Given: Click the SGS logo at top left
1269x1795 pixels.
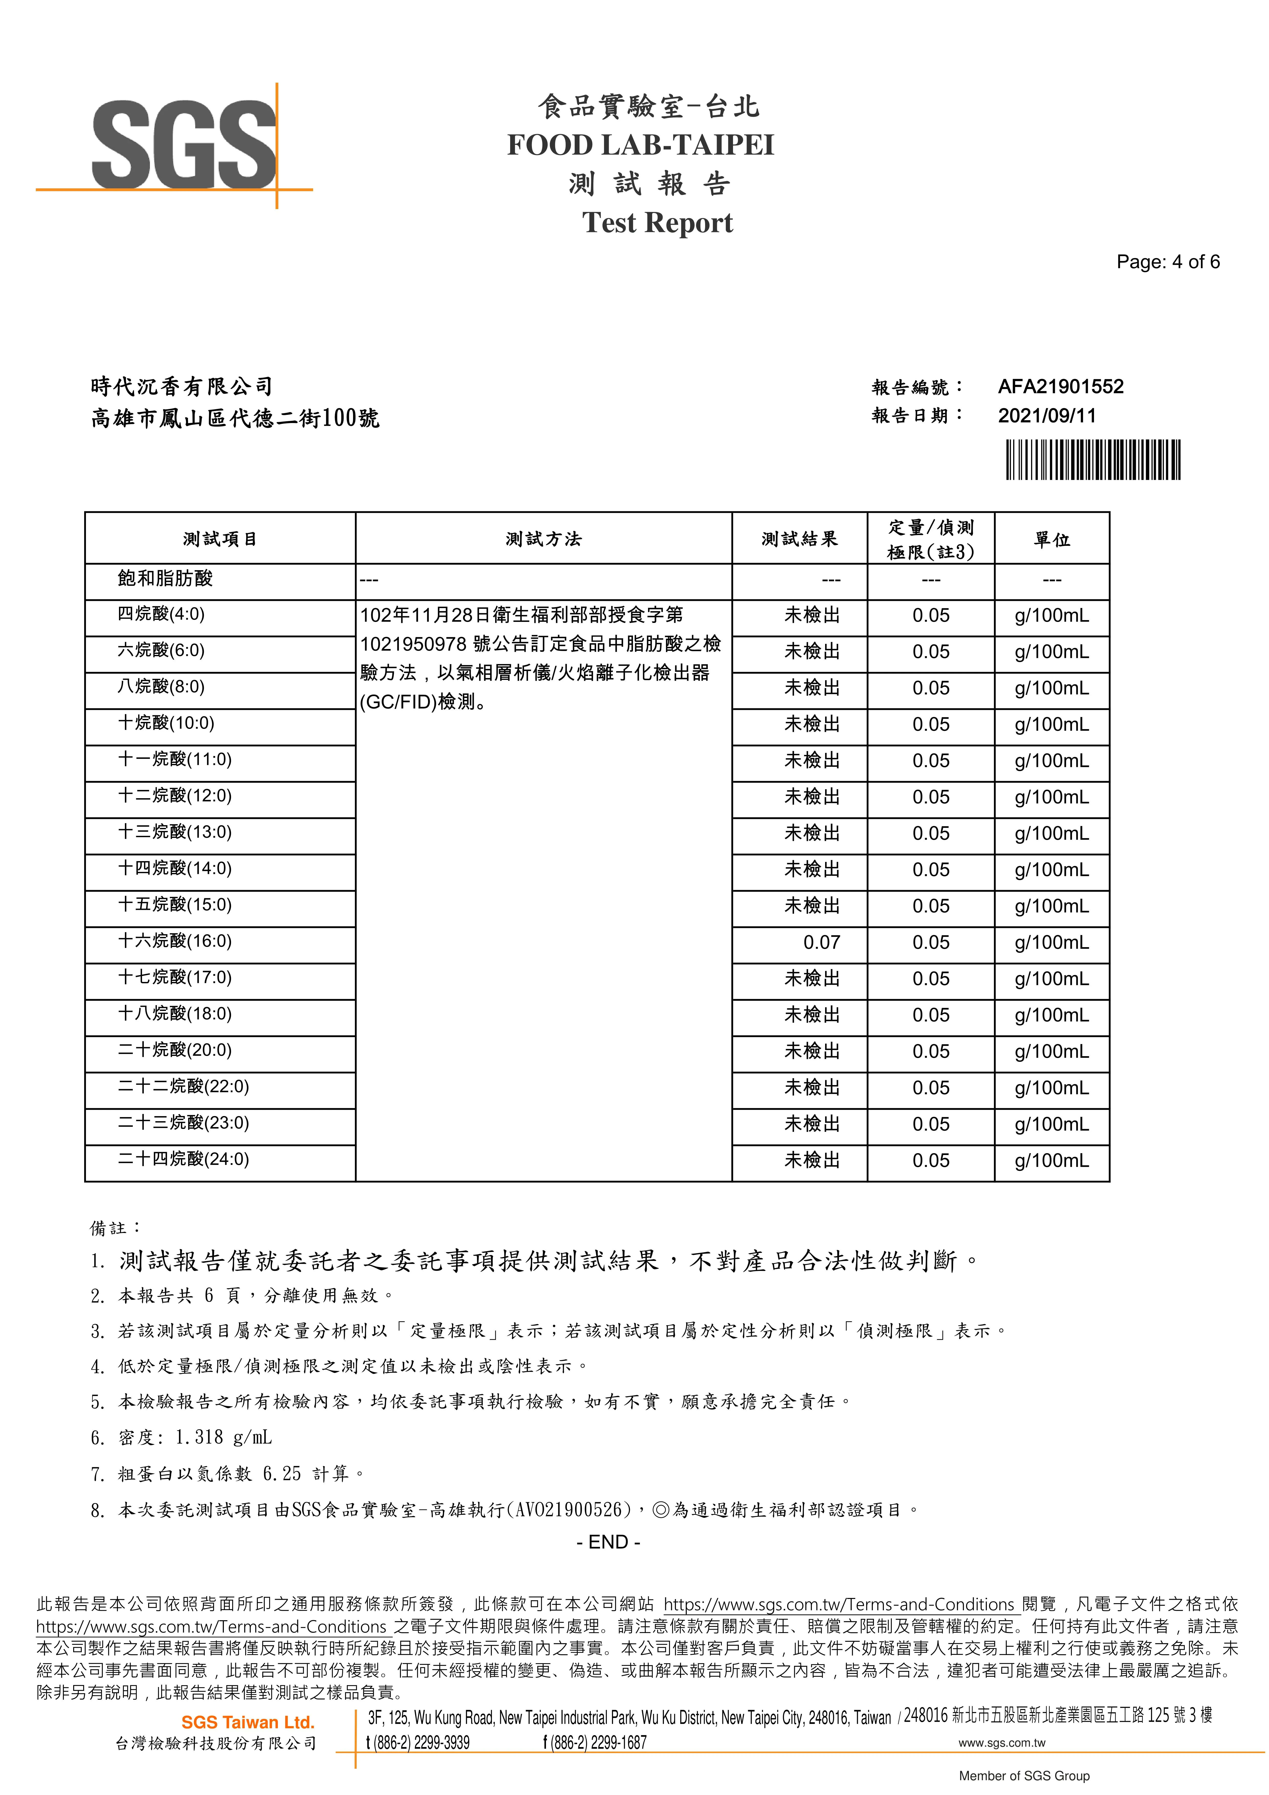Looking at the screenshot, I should click(x=184, y=145).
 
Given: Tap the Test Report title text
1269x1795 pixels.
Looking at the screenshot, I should click(x=657, y=223).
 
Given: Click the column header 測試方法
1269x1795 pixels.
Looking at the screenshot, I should click(x=543, y=539).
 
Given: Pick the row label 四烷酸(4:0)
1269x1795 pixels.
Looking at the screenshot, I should click(x=161, y=614).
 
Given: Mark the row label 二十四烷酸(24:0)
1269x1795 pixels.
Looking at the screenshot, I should click(x=183, y=1159).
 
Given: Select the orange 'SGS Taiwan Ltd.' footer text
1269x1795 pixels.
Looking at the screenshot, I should click(x=248, y=1722).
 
